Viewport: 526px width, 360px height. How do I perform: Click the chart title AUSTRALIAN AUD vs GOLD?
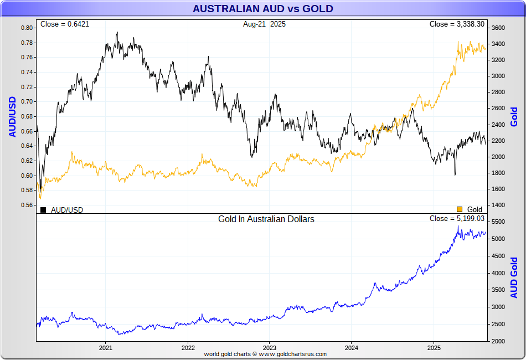262,9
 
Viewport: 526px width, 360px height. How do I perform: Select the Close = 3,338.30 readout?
457,24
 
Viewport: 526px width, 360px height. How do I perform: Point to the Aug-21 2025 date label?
264,24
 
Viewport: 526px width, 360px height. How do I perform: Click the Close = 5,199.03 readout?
457,219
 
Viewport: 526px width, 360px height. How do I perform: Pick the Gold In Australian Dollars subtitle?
266,219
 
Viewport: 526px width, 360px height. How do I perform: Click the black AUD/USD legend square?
43,209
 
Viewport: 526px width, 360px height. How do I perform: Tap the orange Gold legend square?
459,209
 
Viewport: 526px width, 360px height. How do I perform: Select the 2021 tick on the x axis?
106,348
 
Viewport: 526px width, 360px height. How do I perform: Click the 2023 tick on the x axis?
269,348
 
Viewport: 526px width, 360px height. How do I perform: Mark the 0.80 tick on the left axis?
27,28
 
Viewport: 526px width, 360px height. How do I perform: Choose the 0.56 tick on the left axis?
27,205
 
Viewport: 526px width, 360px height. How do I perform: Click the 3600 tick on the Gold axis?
498,28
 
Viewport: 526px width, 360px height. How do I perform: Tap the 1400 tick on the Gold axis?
498,205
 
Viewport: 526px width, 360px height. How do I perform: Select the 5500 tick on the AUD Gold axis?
498,222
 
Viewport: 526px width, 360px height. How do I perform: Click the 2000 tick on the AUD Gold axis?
498,341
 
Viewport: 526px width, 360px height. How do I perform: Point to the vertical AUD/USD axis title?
12,116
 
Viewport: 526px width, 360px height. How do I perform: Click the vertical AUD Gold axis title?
514,277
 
